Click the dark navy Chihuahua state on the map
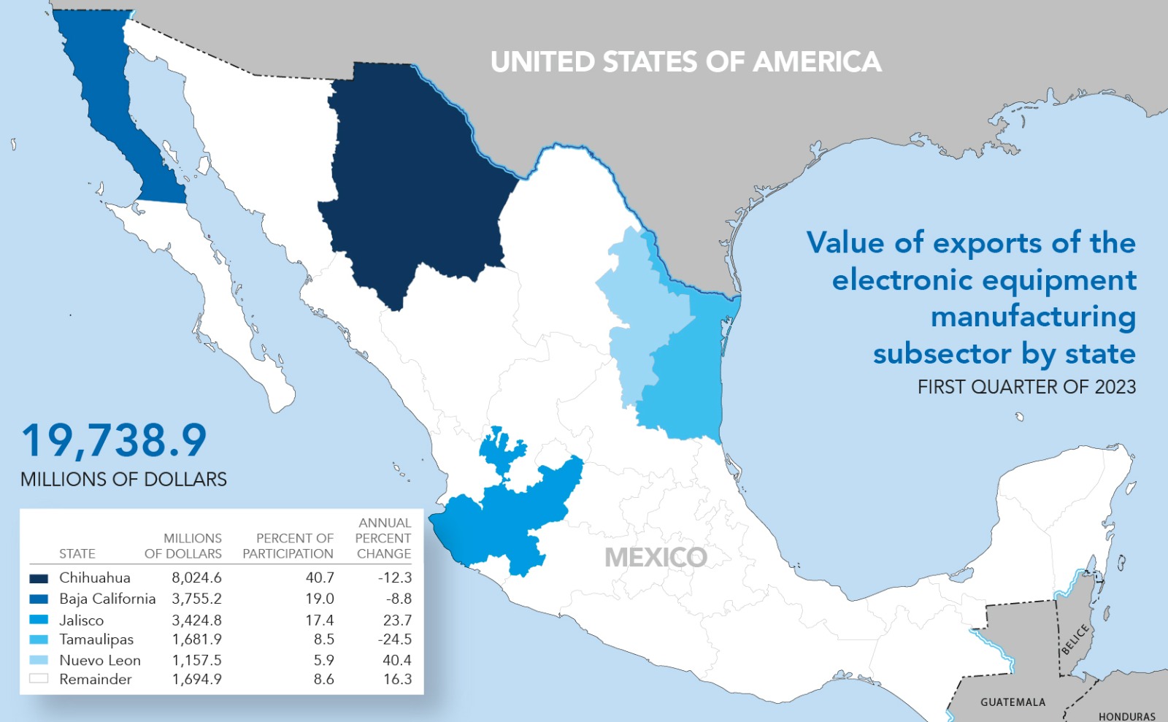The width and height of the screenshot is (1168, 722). (416, 183)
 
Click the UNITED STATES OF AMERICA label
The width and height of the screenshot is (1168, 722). (685, 62)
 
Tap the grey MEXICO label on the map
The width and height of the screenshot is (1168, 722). (656, 558)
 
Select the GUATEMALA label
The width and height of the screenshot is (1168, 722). (1013, 702)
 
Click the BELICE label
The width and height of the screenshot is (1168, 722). (1075, 639)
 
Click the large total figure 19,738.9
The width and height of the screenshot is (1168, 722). (114, 441)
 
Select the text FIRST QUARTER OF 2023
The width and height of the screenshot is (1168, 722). (1026, 387)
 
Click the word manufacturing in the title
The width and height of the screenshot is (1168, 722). (1033, 317)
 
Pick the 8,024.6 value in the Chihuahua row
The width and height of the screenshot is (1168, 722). (196, 577)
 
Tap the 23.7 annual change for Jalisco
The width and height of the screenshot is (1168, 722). (397, 620)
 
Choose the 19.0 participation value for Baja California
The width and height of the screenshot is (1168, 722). (320, 599)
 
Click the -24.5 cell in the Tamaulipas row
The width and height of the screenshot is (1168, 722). (394, 640)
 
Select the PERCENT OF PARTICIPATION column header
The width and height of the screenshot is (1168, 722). (288, 546)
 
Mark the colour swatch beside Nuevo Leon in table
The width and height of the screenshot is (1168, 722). (39, 660)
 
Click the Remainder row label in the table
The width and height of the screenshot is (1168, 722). (96, 680)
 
